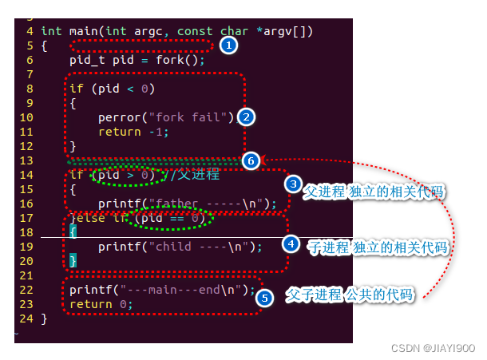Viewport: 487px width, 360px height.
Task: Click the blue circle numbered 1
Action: coord(228,45)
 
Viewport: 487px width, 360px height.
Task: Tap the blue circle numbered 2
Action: coord(247,117)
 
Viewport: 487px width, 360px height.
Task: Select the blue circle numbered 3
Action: coord(294,184)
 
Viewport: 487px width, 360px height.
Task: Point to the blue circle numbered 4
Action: coord(292,243)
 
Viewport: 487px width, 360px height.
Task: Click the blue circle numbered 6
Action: coord(251,160)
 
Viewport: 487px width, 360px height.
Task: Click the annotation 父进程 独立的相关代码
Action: coord(374,192)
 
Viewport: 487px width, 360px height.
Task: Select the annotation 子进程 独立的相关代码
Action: coord(377,248)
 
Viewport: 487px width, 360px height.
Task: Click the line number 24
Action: coord(26,319)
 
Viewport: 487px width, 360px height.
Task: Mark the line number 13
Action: coord(26,160)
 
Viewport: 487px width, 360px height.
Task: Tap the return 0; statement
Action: coord(99,304)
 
